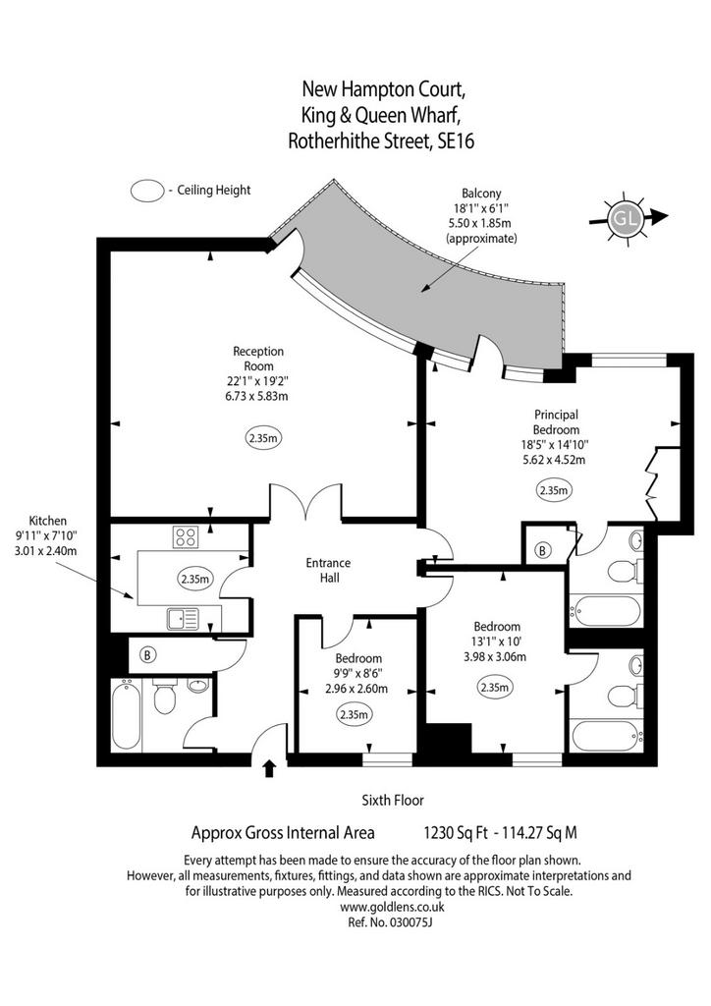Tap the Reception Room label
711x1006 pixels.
click(x=258, y=359)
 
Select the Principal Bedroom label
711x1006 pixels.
click(x=556, y=422)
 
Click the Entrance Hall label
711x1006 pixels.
click(x=328, y=570)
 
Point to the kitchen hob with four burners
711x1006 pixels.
click(x=186, y=536)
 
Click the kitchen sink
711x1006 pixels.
click(x=184, y=619)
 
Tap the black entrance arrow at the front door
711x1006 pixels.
click(x=269, y=768)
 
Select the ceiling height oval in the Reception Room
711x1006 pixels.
click(x=263, y=439)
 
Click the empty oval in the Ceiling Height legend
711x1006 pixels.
click(x=147, y=191)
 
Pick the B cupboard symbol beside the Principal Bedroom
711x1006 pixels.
click(x=543, y=550)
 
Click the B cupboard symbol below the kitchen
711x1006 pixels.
click(x=148, y=655)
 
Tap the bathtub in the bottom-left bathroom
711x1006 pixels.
click(x=126, y=716)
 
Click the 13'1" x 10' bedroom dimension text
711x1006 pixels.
click(x=496, y=642)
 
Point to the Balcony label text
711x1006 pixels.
click(x=481, y=194)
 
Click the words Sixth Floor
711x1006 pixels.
click(x=393, y=800)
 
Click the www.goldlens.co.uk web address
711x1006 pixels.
click(x=392, y=907)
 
